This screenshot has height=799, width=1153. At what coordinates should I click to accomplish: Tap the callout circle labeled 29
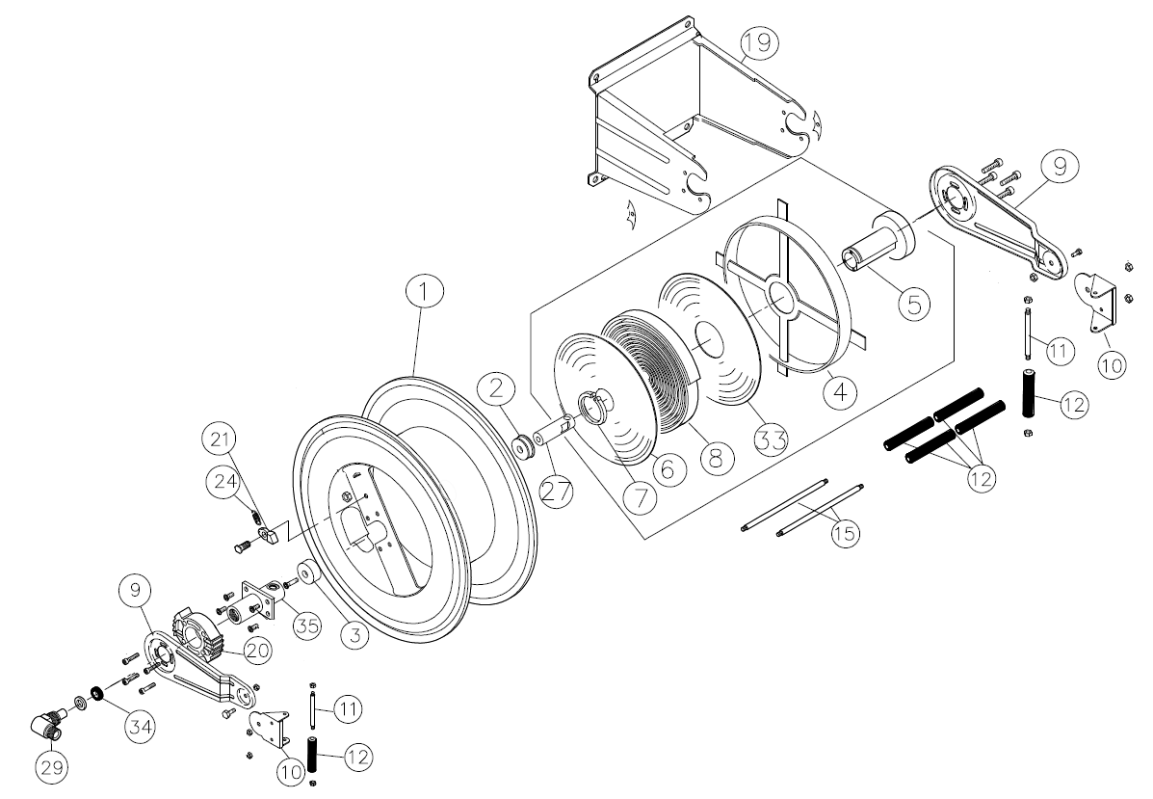(x=52, y=768)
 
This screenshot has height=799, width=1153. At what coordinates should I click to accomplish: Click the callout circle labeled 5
(x=913, y=302)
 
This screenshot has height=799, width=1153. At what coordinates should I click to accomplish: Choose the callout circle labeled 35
(x=306, y=624)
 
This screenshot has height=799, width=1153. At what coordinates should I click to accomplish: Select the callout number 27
(x=556, y=490)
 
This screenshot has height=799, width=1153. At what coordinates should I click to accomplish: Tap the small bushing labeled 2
(x=526, y=447)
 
